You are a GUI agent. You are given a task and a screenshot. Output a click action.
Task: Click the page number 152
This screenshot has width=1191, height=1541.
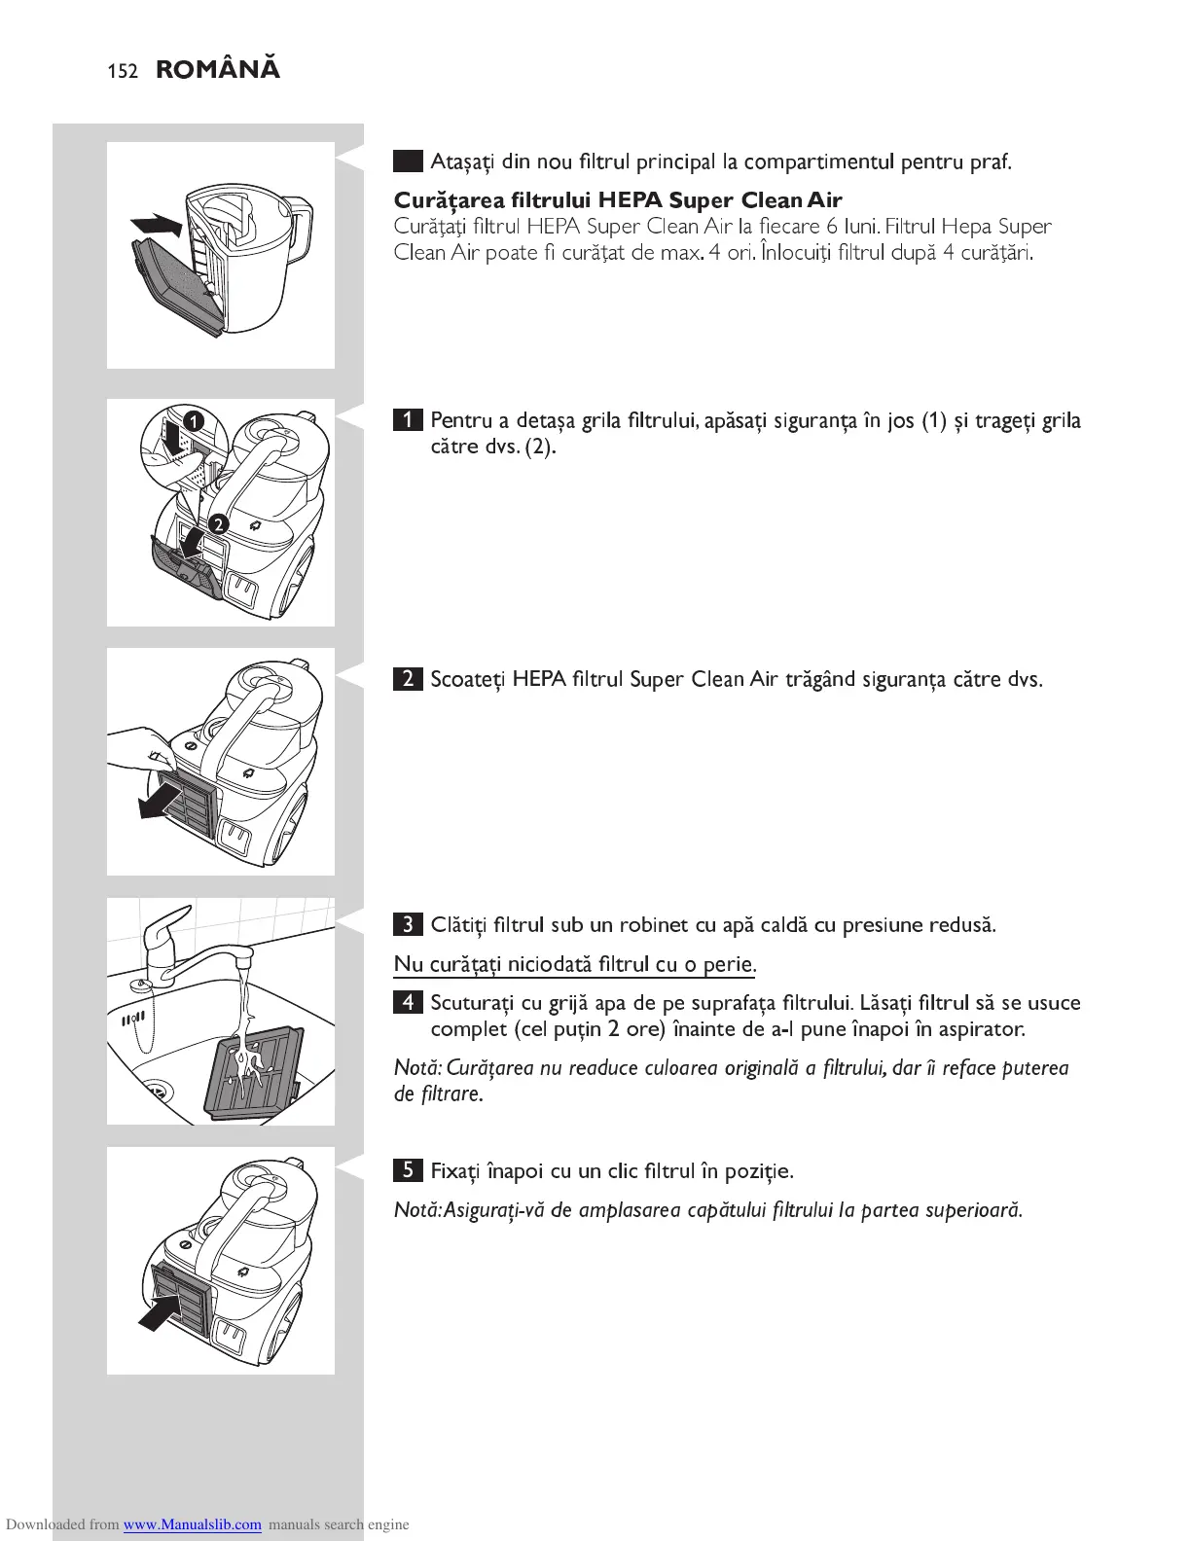[x=123, y=71]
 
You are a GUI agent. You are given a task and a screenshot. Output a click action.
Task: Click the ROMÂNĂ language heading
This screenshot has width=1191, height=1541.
[x=218, y=70]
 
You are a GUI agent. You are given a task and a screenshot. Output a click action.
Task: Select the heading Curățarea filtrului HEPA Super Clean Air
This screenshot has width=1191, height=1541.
[x=617, y=201]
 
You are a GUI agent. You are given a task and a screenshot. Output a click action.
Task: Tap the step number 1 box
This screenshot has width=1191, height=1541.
[x=408, y=421]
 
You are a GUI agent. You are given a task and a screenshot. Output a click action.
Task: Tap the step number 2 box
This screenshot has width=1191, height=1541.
[x=408, y=679]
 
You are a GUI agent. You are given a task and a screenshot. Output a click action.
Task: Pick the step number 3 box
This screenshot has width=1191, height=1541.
[x=408, y=924]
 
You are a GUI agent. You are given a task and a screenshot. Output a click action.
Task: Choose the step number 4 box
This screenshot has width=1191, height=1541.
[x=408, y=1003]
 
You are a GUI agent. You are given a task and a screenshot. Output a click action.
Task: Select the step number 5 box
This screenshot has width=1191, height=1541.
[x=408, y=1170]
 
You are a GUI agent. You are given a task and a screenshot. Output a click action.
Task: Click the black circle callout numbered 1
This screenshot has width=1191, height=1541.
[x=194, y=421]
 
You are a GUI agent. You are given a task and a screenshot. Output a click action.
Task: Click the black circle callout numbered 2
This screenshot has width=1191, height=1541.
[x=219, y=524]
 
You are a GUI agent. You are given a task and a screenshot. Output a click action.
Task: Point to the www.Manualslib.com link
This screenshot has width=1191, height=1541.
[x=192, y=1524]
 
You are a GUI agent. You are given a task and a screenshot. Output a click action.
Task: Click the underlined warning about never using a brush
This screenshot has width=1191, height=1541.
[x=574, y=964]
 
